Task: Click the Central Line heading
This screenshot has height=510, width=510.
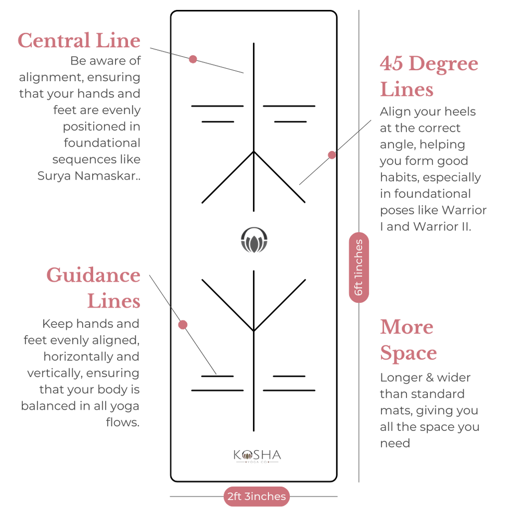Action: (x=79, y=40)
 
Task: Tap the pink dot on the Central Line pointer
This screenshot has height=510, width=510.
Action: (x=193, y=59)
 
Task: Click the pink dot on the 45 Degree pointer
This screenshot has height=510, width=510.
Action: (x=331, y=155)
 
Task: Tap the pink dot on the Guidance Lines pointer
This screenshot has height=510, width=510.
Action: (x=182, y=325)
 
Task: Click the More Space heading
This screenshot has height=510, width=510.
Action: (x=408, y=340)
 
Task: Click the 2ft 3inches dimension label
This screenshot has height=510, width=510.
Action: (x=257, y=496)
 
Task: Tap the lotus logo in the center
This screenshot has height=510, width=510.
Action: (x=254, y=240)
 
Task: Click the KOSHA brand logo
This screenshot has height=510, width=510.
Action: (x=257, y=456)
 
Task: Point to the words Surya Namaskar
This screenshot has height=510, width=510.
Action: (x=89, y=176)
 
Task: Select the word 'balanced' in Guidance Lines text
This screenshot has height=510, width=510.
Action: (x=48, y=406)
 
